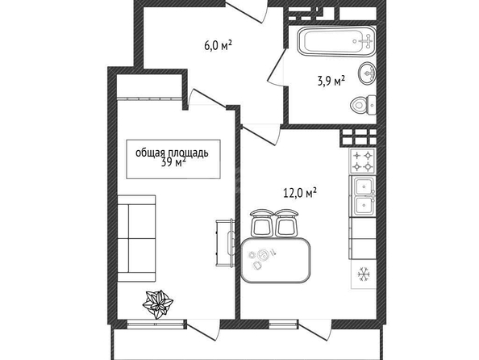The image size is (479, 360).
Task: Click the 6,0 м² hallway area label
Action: point(218,46)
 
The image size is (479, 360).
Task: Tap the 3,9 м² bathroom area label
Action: point(331,82)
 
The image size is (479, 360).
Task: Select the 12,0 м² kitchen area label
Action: point(300,193)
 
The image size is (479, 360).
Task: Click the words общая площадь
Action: point(172,153)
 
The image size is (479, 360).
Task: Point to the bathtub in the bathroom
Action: point(336,41)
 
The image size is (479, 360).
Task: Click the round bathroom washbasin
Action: point(367,73)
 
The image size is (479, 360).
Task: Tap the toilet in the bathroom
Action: point(363,106)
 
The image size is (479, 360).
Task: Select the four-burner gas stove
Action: point(363,161)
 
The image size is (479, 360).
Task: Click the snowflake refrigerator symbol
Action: point(364,274)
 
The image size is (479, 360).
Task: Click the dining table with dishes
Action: point(276,261)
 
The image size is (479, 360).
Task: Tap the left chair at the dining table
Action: point(262,224)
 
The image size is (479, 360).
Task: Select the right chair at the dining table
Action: point(286,224)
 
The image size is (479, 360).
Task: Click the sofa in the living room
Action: point(136,239)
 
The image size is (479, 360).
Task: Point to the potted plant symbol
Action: point(157,304)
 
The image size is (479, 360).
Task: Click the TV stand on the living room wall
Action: point(226,243)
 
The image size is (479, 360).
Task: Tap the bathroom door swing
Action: point(276,68)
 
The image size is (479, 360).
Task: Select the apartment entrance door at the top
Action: point(247,11)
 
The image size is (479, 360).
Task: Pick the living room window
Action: point(156,324)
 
